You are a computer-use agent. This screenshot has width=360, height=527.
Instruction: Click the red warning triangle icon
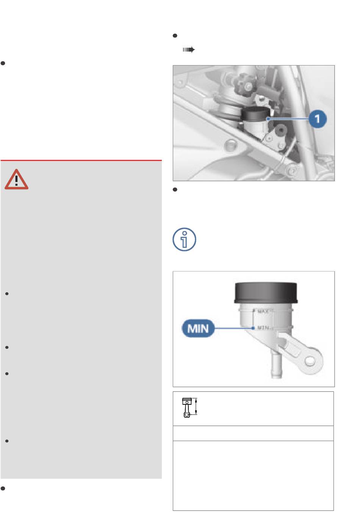pyautogui.click(x=16, y=179)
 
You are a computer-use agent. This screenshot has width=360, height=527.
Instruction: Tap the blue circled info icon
pyautogui.click(x=184, y=239)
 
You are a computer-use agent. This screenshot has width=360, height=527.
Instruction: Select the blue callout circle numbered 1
pyautogui.click(x=318, y=119)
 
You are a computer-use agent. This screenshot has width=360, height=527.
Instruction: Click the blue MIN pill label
pyautogui.click(x=198, y=328)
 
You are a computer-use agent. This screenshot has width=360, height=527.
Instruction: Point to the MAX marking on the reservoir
pyautogui.click(x=263, y=312)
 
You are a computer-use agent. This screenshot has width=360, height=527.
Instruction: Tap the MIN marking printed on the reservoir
pyautogui.click(x=263, y=327)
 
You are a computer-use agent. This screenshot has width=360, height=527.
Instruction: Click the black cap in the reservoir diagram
pyautogui.click(x=266, y=293)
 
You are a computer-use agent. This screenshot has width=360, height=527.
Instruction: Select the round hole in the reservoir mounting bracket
pyautogui.click(x=310, y=361)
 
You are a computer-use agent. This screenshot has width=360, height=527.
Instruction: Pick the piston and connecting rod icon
pyautogui.click(x=187, y=407)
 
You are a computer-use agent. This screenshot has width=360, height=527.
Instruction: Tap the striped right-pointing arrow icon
pyautogui.click(x=189, y=50)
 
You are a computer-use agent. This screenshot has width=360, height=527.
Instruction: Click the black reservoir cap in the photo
pyautogui.click(x=255, y=114)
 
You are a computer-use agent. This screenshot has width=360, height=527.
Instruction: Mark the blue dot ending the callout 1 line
pyautogui.click(x=268, y=119)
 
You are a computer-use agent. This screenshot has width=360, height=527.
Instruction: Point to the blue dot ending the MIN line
pyautogui.click(x=253, y=328)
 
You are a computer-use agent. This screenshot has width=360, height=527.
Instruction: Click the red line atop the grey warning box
pyautogui.click(x=81, y=161)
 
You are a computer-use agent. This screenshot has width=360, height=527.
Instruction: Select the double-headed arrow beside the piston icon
pyautogui.click(x=196, y=406)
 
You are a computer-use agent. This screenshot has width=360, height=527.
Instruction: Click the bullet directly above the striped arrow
pyautogui.click(x=175, y=36)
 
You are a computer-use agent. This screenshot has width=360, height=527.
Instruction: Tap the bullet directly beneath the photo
pyautogui.click(x=175, y=190)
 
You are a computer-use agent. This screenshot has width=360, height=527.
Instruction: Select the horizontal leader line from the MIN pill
pyautogui.click(x=233, y=328)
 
